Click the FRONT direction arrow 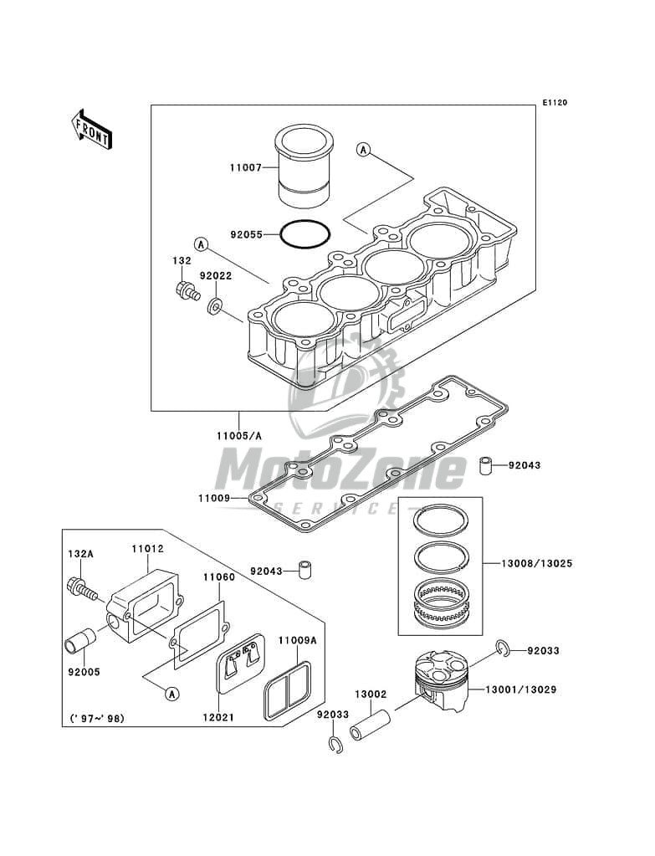(x=91, y=129)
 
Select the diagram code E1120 (x=555, y=102)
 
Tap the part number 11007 (x=245, y=168)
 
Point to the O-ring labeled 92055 (x=305, y=235)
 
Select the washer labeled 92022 (x=214, y=305)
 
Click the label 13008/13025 (x=536, y=563)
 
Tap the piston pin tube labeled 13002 (x=370, y=724)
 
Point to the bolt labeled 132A (x=83, y=588)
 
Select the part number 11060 (x=219, y=577)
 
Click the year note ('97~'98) (x=97, y=719)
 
